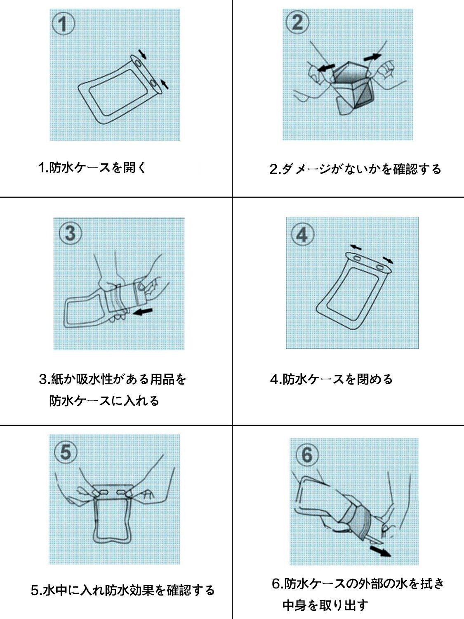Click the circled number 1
[x=64, y=24]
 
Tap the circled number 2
[x=297, y=22]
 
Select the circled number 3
[x=71, y=233]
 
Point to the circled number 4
[x=303, y=234]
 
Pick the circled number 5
[x=66, y=452]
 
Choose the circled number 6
[x=307, y=454]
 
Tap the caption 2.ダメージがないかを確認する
[x=355, y=169]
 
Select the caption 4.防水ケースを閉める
[x=331, y=379]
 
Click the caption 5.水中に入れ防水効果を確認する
[x=123, y=590]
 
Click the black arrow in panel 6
[x=380, y=550]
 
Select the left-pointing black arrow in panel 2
[x=326, y=68]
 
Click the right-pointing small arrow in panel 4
[x=388, y=260]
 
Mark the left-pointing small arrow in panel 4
[x=356, y=247]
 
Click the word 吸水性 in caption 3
[x=95, y=379]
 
